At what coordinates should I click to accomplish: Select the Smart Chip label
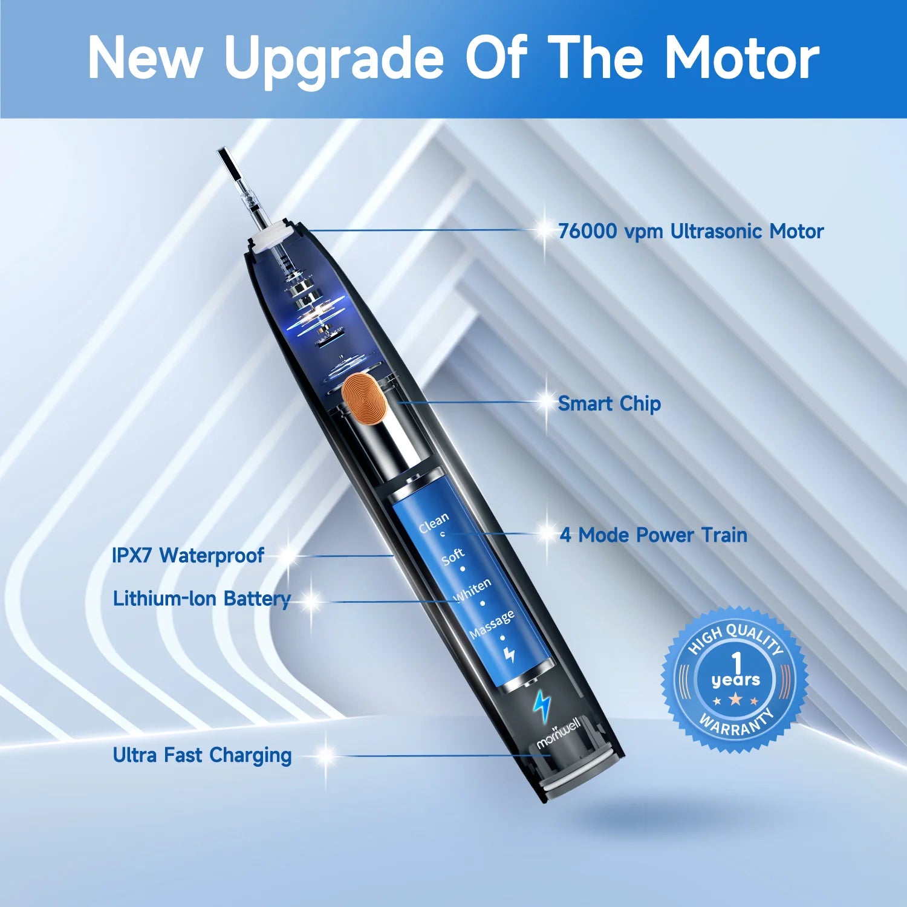[609, 403]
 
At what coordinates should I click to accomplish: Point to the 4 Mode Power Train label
[653, 535]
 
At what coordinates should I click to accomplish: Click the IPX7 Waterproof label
[188, 555]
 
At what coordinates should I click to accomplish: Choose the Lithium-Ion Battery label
[201, 598]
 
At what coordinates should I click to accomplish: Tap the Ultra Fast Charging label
[202, 755]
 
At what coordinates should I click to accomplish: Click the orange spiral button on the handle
[364, 397]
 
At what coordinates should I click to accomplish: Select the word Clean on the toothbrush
[434, 522]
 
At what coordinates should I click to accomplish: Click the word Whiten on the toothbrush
[473, 590]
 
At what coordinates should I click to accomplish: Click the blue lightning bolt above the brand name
[542, 705]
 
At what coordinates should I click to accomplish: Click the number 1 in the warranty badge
[736, 662]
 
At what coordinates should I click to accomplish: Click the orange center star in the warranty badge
[736, 700]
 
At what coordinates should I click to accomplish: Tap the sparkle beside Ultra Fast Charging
[325, 755]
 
